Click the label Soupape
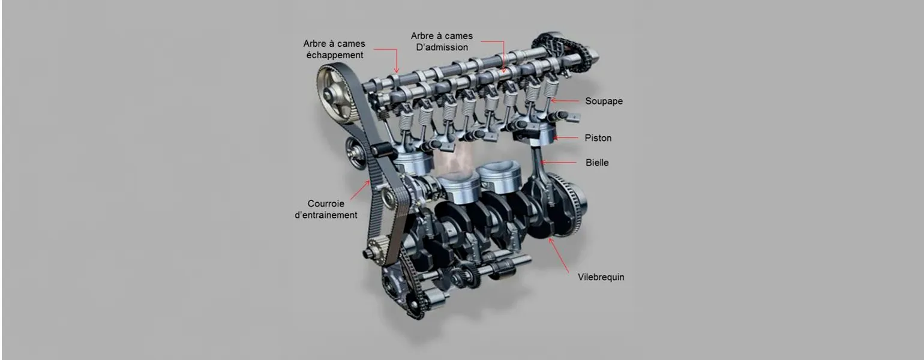[604, 101]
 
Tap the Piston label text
[598, 138]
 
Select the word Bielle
[597, 163]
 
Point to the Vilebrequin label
[601, 277]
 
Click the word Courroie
[326, 204]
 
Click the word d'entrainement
[326, 215]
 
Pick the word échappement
[335, 55]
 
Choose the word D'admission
[442, 47]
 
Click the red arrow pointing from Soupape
[565, 100]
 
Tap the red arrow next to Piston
[566, 138]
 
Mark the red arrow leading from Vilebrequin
[559, 255]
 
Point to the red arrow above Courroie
[360, 190]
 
